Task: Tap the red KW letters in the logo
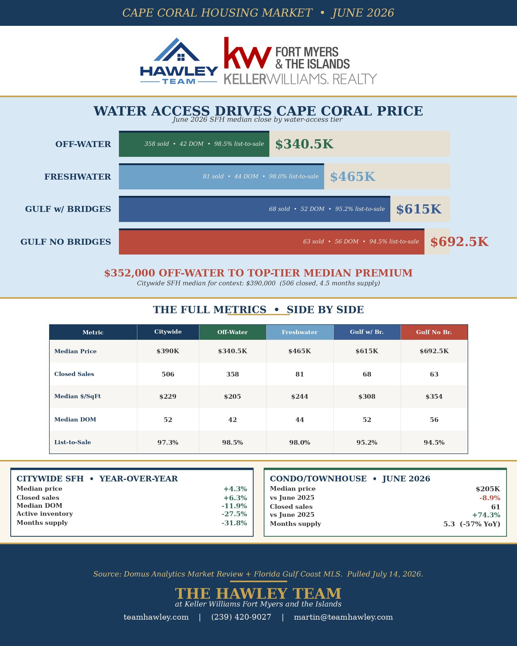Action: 248,53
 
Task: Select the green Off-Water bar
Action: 194,144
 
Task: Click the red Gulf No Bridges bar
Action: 271,242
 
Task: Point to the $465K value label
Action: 352,176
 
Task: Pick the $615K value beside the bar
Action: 419,209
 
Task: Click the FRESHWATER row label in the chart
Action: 78,176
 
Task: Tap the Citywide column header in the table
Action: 168,332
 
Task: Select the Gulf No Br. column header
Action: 434,332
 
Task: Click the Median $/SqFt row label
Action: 77,396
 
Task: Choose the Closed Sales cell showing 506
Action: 168,374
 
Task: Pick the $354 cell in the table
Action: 434,397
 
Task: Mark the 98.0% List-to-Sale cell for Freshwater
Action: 300,443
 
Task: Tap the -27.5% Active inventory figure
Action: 234,514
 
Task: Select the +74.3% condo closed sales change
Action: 486,515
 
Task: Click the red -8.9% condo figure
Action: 490,498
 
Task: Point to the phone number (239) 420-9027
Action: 241,617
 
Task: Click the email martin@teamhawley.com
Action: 343,617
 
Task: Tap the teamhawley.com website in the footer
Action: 156,617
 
